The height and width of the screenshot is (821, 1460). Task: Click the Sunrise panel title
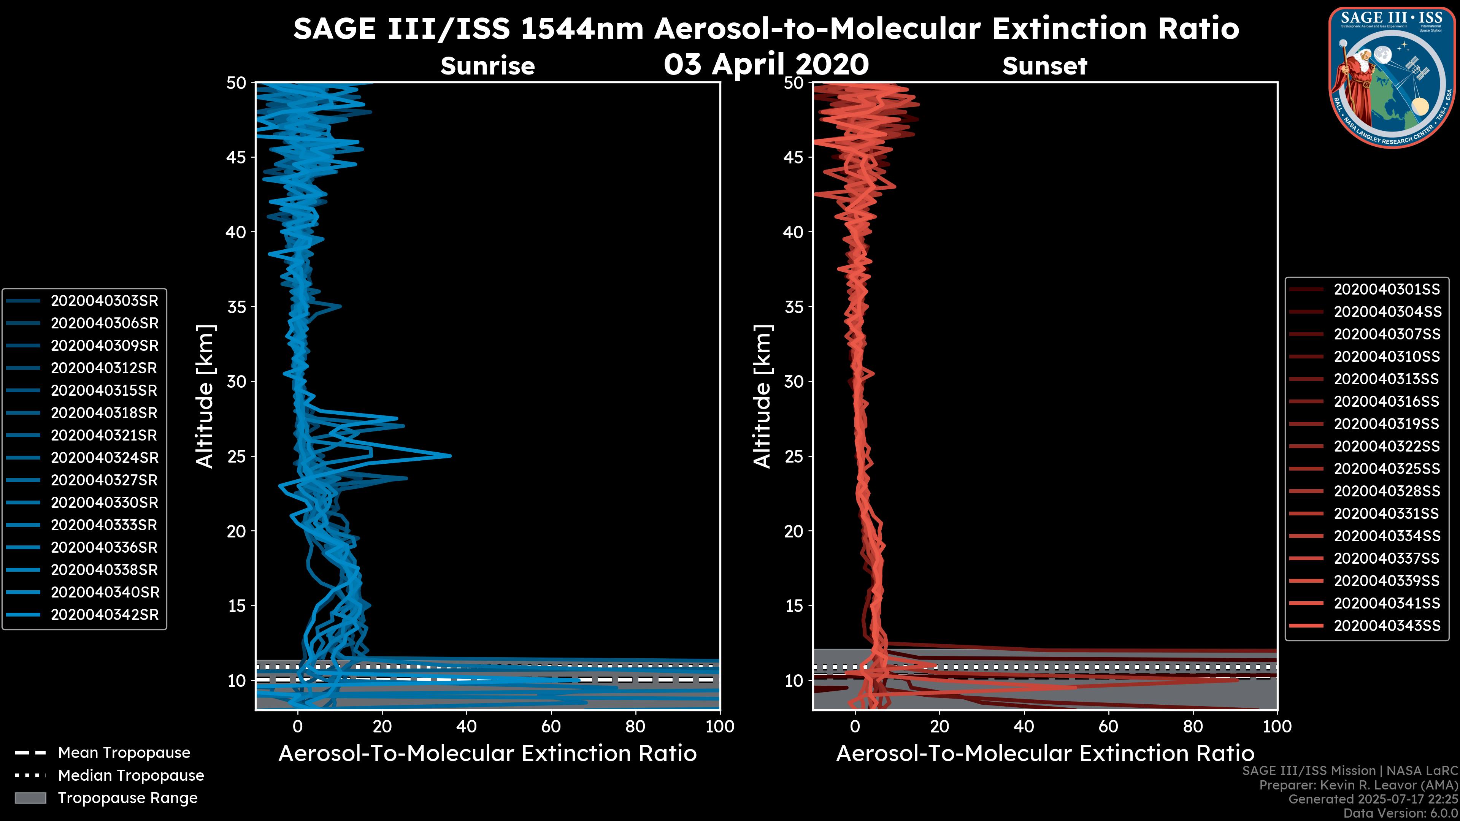click(487, 66)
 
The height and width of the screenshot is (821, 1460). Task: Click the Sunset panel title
click(1044, 66)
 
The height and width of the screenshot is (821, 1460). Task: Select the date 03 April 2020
click(766, 64)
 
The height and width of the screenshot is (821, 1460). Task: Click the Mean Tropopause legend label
click(124, 753)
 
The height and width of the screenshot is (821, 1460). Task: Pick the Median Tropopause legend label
click(130, 776)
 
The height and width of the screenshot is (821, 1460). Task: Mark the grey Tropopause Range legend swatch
click(30, 798)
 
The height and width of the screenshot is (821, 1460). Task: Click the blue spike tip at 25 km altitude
click(450, 456)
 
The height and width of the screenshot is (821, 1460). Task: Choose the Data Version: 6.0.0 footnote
click(1401, 813)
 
